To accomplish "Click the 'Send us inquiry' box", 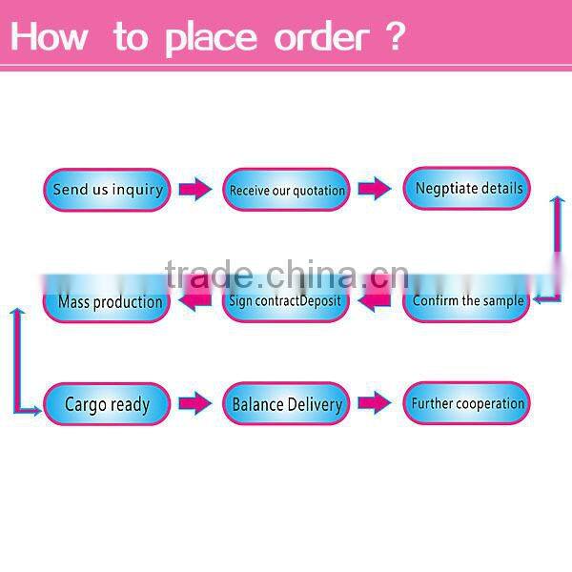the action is coord(107,190).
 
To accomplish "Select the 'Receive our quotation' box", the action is coord(286,190).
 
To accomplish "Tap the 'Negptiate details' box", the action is coord(467,189).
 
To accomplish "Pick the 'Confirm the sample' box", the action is coord(467,301).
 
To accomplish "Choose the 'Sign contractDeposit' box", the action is coord(286,301).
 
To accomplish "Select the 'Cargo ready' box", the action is coord(107,404).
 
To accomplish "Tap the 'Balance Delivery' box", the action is coord(286,404).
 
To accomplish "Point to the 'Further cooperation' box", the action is coord(467,403).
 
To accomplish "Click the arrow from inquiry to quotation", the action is coord(195,190).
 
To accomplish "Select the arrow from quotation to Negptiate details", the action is coord(375,190).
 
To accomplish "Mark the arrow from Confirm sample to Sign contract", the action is coord(375,301).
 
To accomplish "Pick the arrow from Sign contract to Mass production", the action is coord(195,302).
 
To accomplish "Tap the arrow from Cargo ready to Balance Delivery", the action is coord(195,404).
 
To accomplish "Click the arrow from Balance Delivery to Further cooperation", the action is coord(375,403).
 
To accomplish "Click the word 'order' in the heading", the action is coord(320,37).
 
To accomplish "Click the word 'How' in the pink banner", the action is coord(50,37).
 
